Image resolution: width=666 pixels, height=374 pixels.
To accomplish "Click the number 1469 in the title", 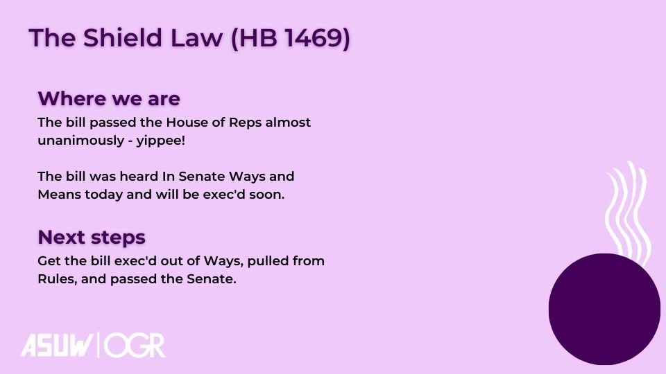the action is pos(314,37).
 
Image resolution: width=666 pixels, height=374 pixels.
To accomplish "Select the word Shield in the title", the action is pos(123,37).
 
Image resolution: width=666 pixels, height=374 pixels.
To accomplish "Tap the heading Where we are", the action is pos(109,98).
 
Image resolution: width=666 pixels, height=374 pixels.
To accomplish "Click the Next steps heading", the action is pos(92,237).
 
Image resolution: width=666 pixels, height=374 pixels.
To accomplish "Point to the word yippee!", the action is pos(161,141).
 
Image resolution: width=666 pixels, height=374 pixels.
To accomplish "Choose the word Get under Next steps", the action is pos(49,261).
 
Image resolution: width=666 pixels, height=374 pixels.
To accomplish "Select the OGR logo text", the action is pos(134,346).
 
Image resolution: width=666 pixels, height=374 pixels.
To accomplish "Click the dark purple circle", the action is pos(604,309).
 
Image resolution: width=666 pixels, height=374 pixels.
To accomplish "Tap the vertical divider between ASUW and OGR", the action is pos(99,345).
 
